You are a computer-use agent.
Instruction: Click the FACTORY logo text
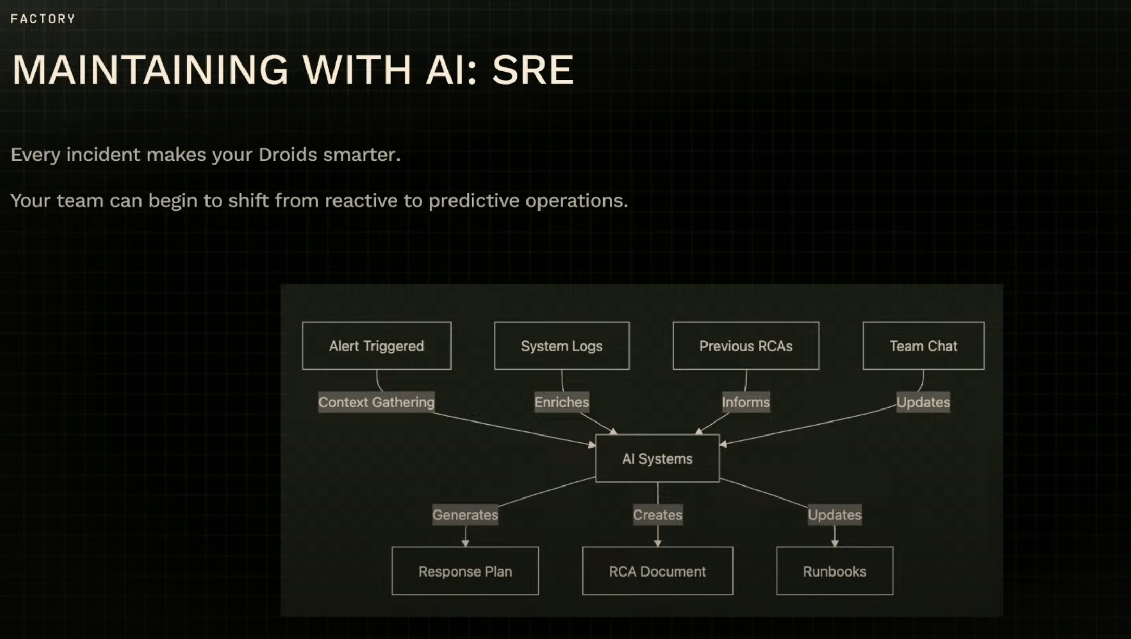point(43,19)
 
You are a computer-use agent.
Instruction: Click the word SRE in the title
point(532,70)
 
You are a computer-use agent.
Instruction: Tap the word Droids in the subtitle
point(287,155)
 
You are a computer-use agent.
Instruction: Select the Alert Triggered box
point(376,346)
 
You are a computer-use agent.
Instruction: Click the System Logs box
point(561,346)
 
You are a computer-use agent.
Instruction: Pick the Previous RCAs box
point(746,346)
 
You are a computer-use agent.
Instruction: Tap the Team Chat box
point(923,346)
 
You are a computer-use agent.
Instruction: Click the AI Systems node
point(657,458)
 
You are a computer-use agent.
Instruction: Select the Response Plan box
point(465,571)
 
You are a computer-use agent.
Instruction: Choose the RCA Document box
point(657,571)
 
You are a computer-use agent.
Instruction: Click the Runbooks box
point(834,571)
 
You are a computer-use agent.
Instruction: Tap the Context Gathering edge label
point(376,402)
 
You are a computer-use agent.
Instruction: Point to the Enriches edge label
point(561,402)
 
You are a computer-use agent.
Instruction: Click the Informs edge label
point(746,402)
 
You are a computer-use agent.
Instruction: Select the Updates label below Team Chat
point(923,402)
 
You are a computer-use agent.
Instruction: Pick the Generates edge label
point(465,515)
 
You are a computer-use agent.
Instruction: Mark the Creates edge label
point(657,515)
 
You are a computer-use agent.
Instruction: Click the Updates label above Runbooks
point(834,515)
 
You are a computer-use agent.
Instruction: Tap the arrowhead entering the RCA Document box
point(658,543)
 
